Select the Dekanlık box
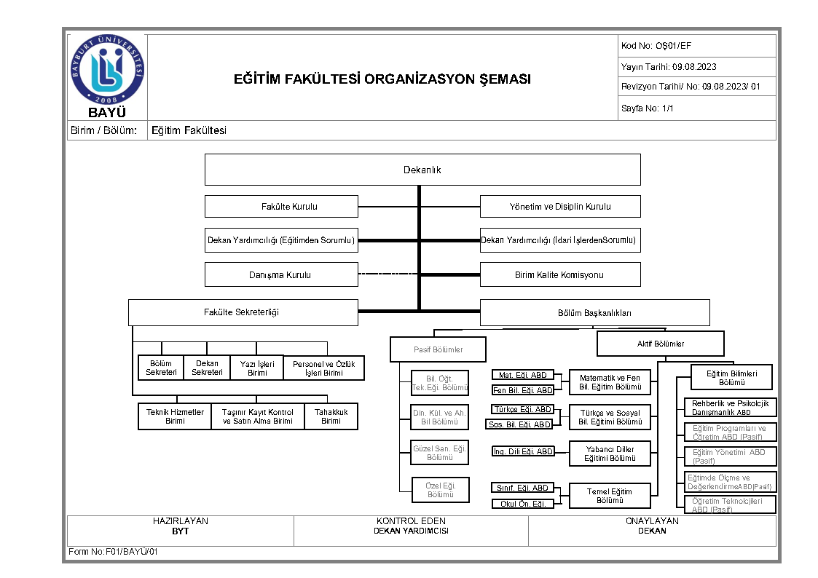[422, 170]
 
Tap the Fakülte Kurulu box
[281, 207]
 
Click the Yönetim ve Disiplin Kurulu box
[560, 207]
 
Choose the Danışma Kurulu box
[281, 274]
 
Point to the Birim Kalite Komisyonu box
[560, 274]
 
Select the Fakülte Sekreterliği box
[243, 312]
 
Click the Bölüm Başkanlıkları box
[594, 313]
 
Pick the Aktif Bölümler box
[661, 344]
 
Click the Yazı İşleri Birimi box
[256, 368]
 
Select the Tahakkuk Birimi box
[331, 416]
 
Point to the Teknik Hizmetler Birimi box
[175, 416]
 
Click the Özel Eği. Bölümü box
[440, 490]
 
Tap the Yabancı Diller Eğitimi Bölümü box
[610, 454]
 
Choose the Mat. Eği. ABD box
[522, 376]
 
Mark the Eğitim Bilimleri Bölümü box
[731, 378]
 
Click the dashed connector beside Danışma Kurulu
[389, 274]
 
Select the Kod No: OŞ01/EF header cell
[696, 46]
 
